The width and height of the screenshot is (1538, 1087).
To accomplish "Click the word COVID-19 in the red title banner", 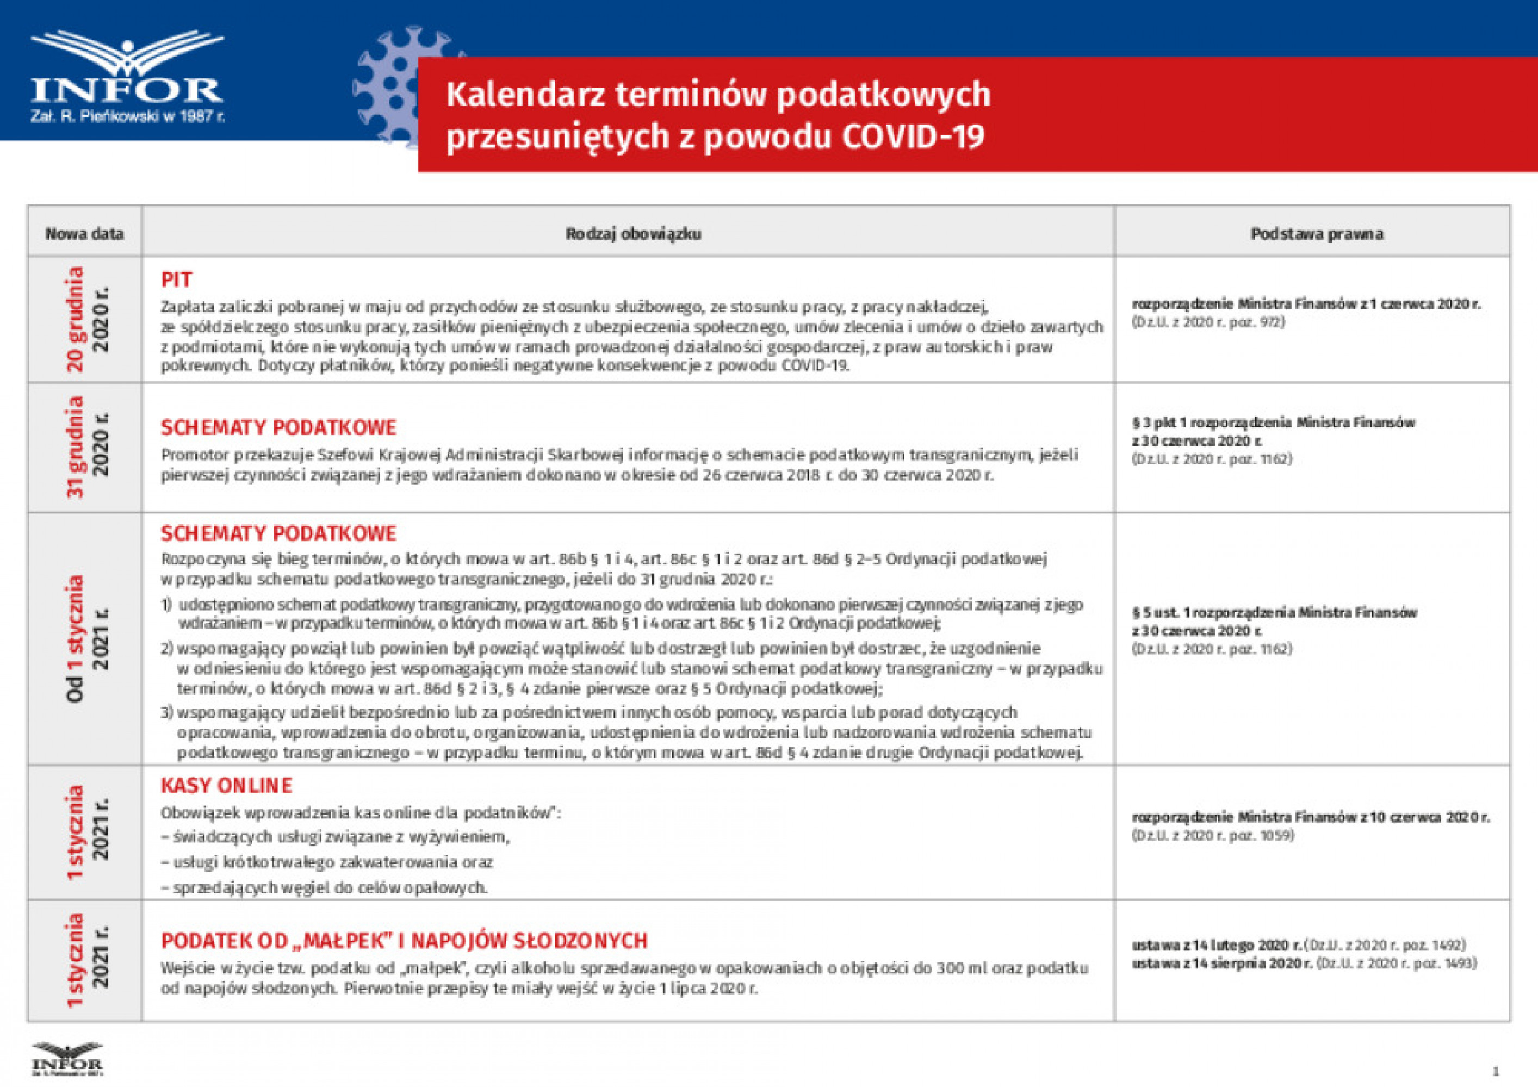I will tap(913, 136).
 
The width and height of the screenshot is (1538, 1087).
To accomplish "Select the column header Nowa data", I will tap(84, 234).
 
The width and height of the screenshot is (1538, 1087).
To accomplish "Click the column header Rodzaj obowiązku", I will tap(633, 234).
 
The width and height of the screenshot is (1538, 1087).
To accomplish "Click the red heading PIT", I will tap(176, 279).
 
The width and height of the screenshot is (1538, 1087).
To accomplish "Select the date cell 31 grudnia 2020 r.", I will tap(86, 448).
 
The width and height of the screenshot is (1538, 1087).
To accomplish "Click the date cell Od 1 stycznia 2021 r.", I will tap(86, 638).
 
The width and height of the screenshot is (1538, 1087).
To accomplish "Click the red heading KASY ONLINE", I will tap(226, 786).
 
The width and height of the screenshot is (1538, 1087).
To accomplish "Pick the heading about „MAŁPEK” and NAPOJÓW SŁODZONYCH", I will tap(404, 941).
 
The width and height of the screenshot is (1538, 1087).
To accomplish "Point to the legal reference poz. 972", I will tap(1208, 322).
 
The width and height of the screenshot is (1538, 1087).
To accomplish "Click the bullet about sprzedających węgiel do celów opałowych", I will tap(324, 888).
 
